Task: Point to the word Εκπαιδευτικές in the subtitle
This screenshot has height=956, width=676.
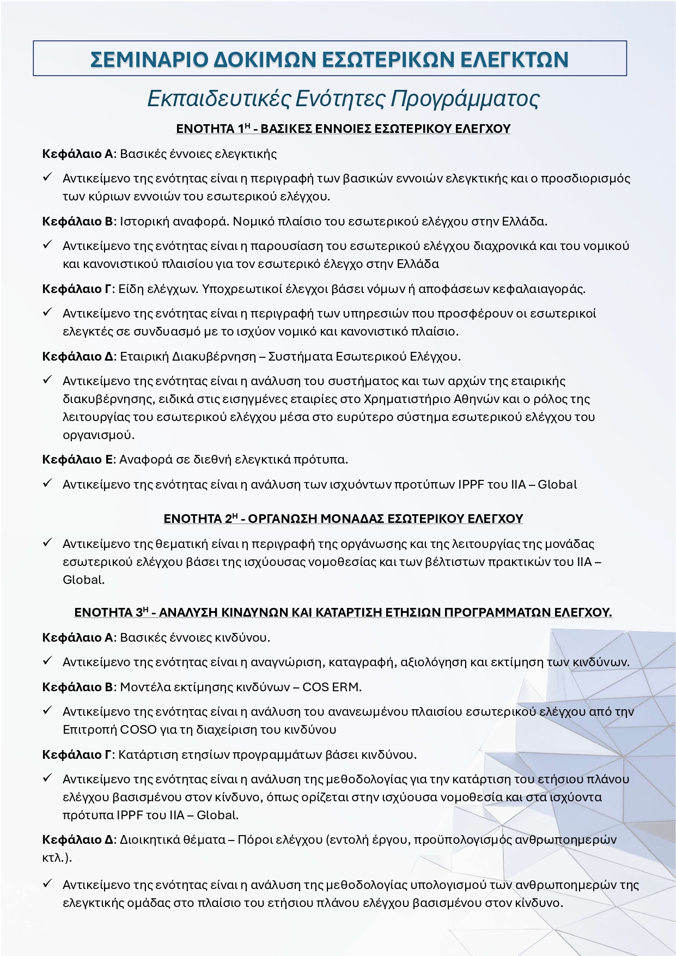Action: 218,99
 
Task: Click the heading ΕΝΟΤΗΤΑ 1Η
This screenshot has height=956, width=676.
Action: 213,129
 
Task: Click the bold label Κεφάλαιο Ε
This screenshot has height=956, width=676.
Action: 78,459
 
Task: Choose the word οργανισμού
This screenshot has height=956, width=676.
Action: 98,435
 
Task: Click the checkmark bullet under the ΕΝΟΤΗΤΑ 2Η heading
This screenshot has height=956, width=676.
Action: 47,543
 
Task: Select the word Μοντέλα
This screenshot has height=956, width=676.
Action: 145,687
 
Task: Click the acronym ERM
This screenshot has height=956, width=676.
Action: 346,687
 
